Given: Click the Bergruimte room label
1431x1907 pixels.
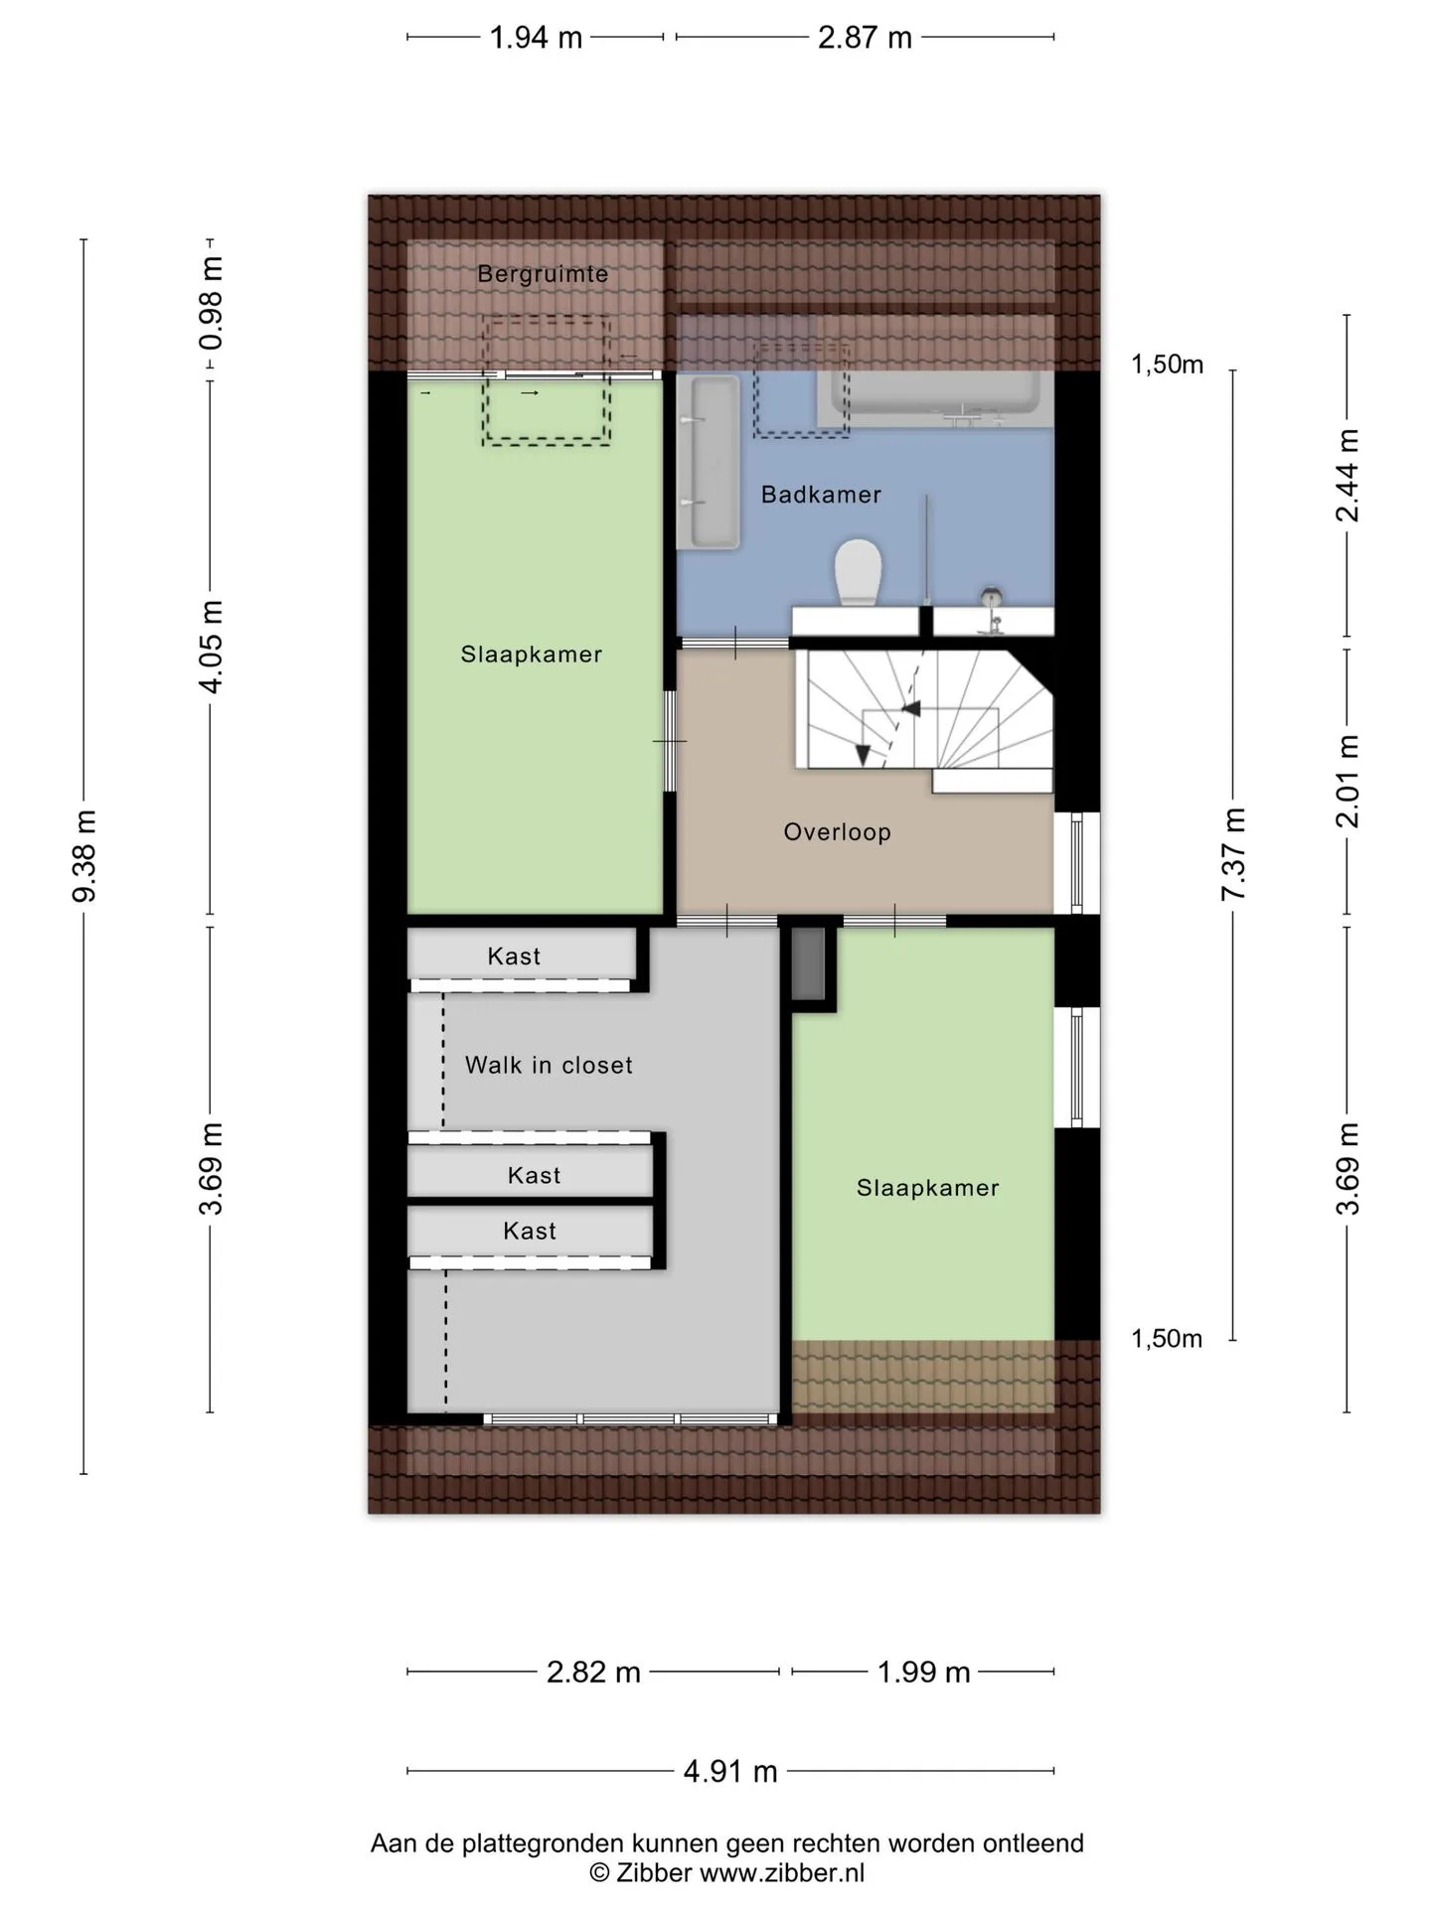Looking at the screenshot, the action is [x=543, y=274].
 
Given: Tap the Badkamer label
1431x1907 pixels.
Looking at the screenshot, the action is [x=821, y=495].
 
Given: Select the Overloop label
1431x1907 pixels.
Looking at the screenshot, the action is [x=837, y=832].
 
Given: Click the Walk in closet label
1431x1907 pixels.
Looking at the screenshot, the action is [x=549, y=1066].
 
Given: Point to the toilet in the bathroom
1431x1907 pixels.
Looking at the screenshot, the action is [x=859, y=572].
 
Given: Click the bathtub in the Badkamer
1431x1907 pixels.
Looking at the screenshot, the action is [x=935, y=398].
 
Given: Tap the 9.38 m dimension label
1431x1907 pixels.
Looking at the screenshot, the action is [x=85, y=856].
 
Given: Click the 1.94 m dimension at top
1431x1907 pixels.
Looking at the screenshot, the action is [x=536, y=38].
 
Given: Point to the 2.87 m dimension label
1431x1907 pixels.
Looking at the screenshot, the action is [x=865, y=38].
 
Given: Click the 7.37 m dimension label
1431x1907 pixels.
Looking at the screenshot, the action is [x=1233, y=854].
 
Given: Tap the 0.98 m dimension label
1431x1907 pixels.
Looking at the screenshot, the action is [x=211, y=304].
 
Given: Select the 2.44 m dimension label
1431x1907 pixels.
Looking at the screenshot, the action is [x=1348, y=475].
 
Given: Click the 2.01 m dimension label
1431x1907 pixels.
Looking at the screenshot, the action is [x=1348, y=782].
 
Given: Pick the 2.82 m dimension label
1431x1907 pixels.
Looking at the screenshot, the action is [x=593, y=1672].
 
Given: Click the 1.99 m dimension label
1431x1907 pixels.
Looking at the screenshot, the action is [x=923, y=1672].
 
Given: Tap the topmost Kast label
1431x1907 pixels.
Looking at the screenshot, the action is [x=514, y=956].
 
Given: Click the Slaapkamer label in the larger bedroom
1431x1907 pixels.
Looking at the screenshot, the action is [x=532, y=655].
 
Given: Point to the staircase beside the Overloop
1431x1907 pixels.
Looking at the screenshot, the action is [x=924, y=709].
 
